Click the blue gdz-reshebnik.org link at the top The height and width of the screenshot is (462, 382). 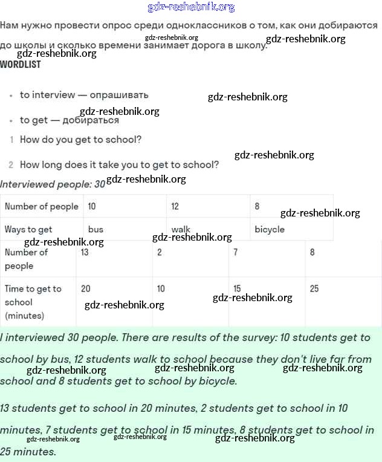click(x=191, y=7)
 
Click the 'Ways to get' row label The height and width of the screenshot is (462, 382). click(x=28, y=229)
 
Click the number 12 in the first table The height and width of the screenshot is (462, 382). click(x=175, y=206)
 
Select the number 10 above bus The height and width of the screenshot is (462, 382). click(x=92, y=206)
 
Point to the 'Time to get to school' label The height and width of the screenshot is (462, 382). click(x=33, y=302)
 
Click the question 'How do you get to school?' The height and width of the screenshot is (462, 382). click(x=80, y=140)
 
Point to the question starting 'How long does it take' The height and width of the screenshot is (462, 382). click(x=119, y=164)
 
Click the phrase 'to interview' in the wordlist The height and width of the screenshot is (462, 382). click(x=48, y=95)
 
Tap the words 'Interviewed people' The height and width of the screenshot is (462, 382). click(x=45, y=184)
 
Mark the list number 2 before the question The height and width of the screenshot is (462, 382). click(x=11, y=164)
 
